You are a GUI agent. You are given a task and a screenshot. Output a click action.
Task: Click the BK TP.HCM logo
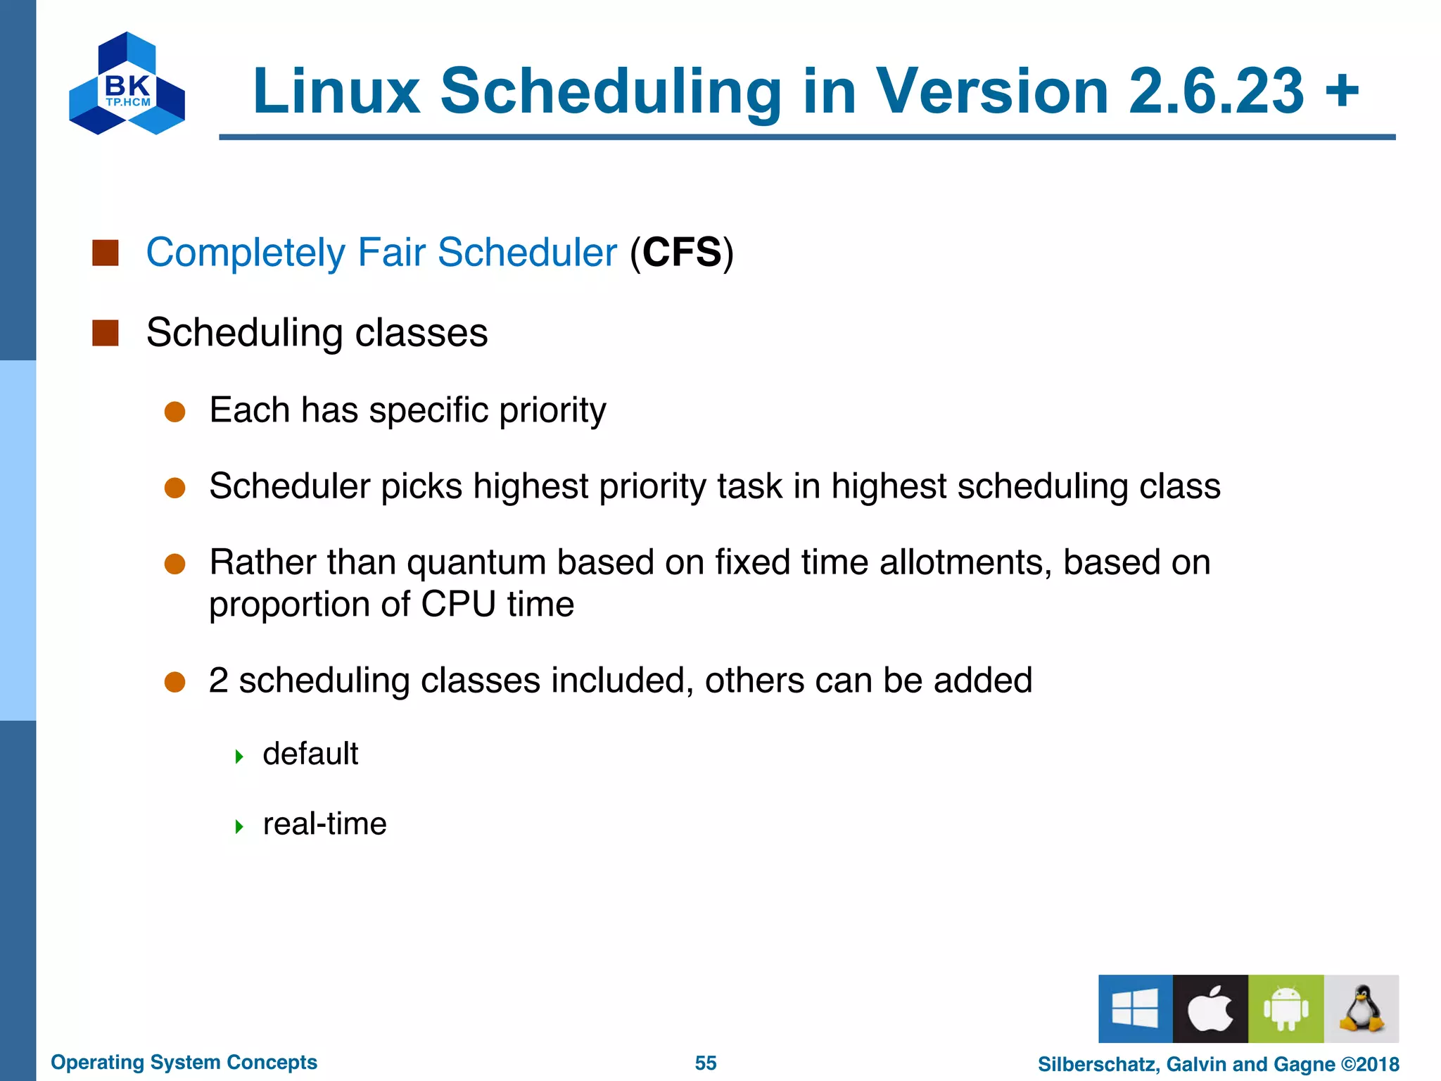coord(127,84)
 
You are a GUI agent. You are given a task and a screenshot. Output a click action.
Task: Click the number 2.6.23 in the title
coord(1216,91)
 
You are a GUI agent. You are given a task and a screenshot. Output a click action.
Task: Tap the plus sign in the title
coord(1342,90)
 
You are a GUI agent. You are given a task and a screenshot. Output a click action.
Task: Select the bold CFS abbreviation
coord(682,253)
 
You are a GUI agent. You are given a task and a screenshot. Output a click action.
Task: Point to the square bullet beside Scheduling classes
coord(106,333)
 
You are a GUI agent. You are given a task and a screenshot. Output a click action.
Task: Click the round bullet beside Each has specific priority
coord(174,412)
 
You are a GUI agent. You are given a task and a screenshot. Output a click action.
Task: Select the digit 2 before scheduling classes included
coord(219,681)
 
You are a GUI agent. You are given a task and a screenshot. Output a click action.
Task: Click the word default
coord(310,754)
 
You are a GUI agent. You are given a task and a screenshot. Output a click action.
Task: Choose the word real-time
coord(324,824)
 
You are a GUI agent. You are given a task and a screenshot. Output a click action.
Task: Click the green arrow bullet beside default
coord(239,757)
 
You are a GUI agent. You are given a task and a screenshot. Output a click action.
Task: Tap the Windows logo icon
coord(1135,1009)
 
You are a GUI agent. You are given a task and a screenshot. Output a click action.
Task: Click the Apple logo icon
coord(1210,1009)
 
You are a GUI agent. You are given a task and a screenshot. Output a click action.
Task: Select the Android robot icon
coord(1286,1009)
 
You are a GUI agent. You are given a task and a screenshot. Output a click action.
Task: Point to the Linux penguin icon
coord(1361,1009)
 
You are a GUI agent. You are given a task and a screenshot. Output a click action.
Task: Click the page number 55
coord(706,1063)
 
